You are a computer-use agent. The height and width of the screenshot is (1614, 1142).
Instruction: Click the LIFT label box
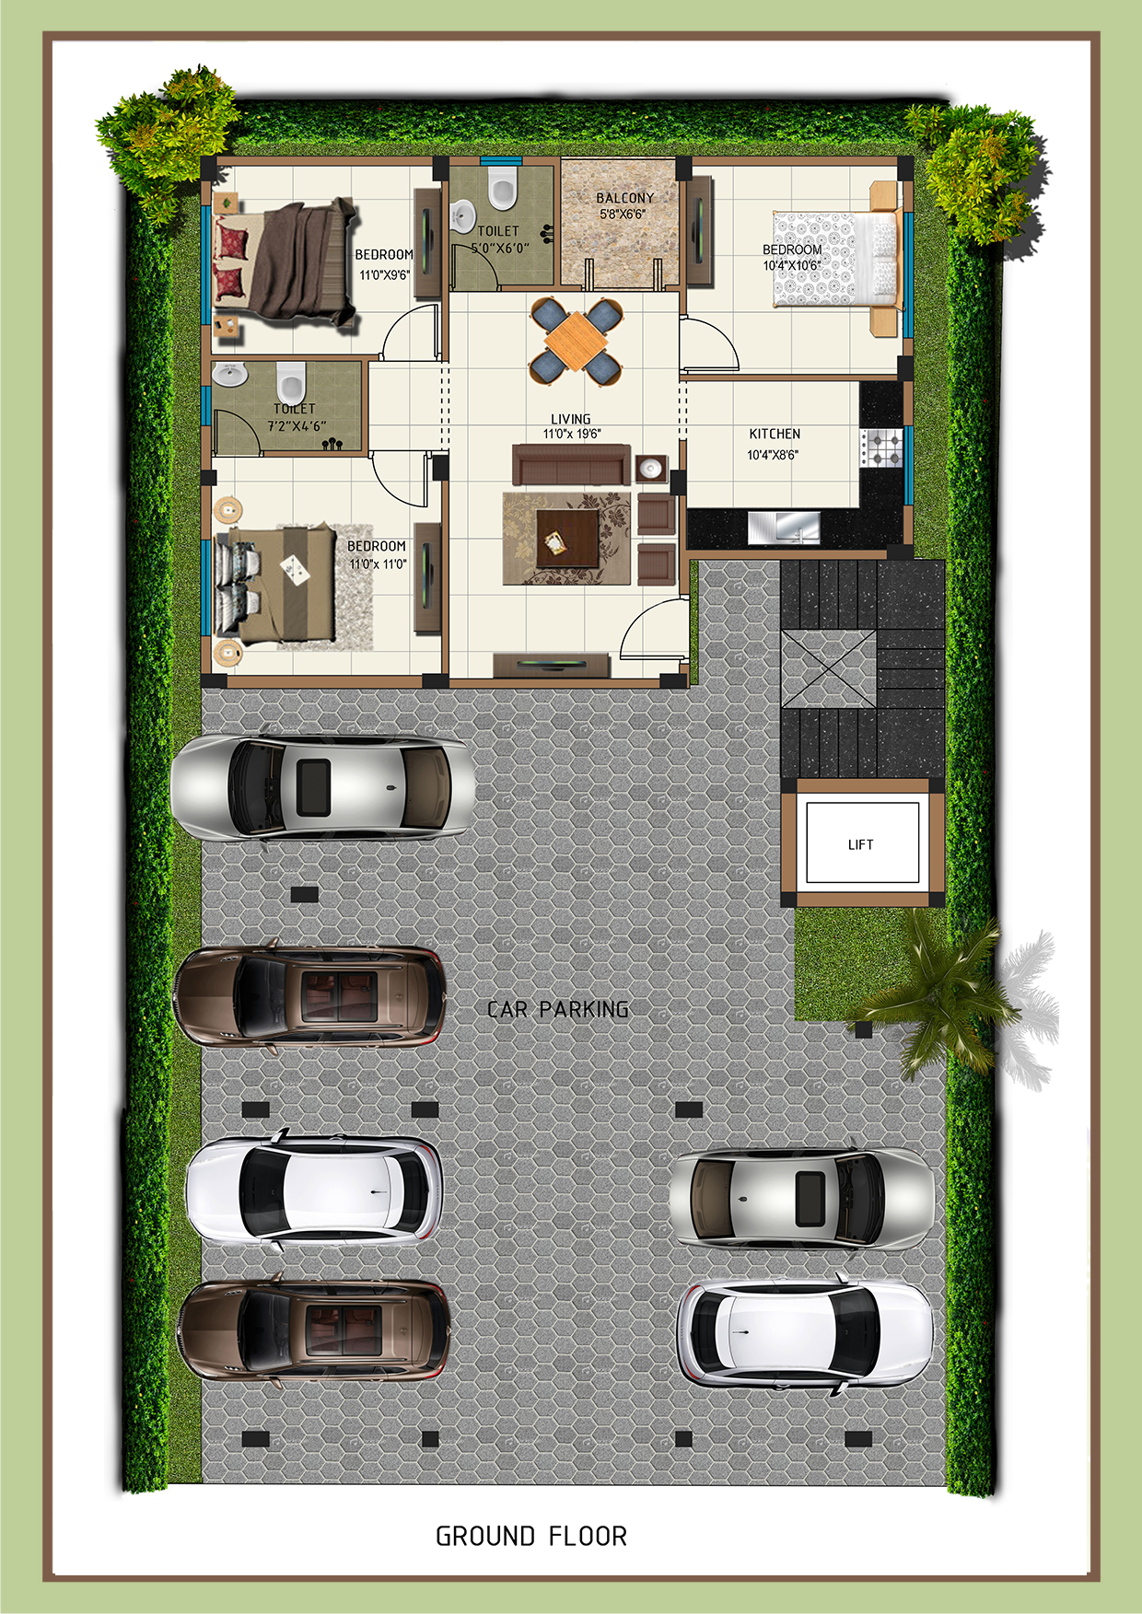862,843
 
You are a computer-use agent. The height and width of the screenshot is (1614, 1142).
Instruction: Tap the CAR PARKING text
558,1010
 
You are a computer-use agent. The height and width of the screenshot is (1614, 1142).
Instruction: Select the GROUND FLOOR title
531,1537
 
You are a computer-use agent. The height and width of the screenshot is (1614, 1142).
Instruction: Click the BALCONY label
625,198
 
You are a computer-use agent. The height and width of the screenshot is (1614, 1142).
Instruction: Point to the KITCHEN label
775,434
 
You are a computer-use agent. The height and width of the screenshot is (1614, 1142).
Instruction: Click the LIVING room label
571,419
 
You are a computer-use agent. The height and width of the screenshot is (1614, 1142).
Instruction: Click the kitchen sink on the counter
784,528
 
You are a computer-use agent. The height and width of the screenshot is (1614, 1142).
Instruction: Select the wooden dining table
576,342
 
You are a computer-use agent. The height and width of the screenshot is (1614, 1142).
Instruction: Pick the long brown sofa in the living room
571,464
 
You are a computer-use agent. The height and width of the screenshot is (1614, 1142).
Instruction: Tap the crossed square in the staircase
828,669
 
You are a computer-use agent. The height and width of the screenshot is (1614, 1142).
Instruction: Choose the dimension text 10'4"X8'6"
773,455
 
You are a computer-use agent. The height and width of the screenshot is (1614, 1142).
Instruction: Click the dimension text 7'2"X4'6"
297,426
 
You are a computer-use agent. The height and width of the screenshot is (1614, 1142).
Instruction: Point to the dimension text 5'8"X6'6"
623,215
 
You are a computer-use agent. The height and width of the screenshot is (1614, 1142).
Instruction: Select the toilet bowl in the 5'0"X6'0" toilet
502,188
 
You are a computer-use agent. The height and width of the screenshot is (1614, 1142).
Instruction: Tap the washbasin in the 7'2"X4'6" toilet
229,375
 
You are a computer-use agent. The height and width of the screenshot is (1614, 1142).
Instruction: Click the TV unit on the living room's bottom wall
551,665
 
